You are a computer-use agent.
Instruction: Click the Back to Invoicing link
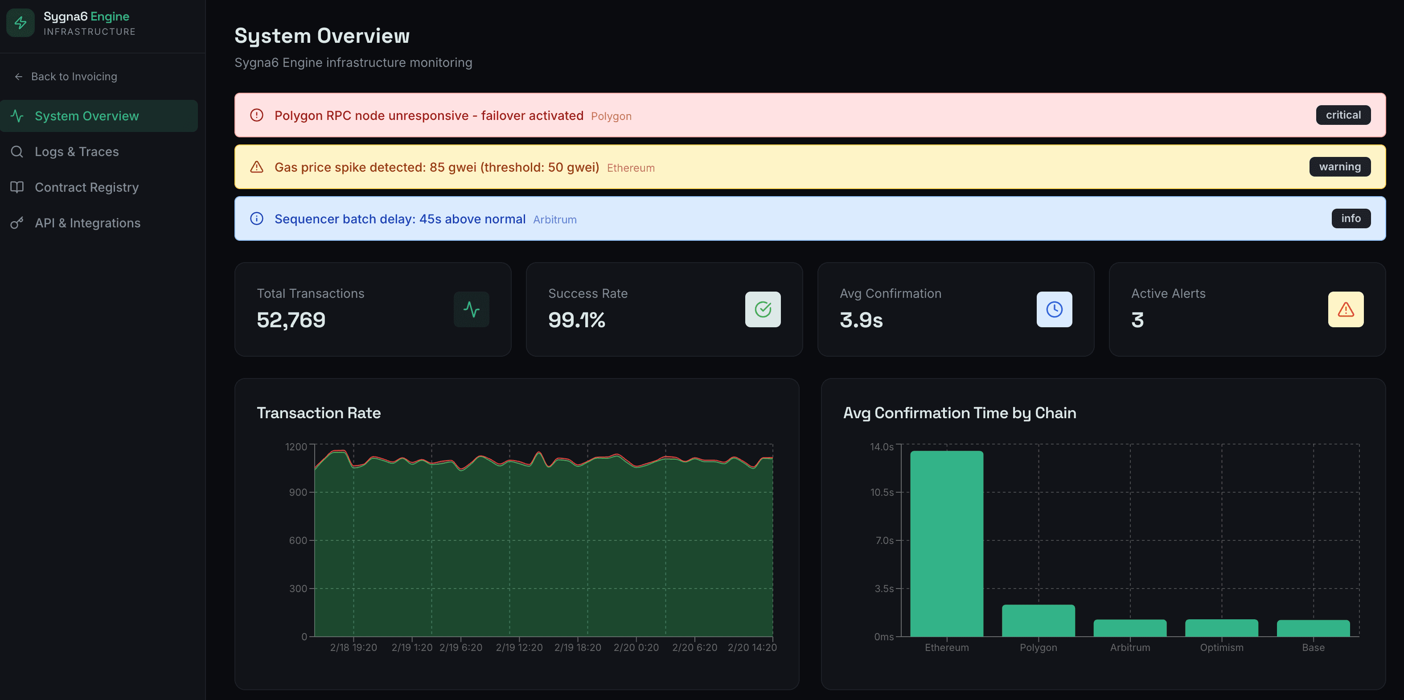point(74,77)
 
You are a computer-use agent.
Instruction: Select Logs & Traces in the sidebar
point(76,152)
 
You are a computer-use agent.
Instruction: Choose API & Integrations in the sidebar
point(87,223)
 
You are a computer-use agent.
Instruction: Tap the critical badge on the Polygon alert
point(1342,115)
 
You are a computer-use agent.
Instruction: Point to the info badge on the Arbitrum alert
point(1350,218)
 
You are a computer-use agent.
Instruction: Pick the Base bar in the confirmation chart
point(1313,628)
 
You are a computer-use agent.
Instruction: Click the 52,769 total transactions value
point(291,320)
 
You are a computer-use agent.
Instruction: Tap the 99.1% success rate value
point(576,320)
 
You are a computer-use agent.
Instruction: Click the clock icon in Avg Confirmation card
point(1054,310)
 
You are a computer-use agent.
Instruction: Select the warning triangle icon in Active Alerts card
point(1345,310)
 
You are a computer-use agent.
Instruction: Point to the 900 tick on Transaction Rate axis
point(298,492)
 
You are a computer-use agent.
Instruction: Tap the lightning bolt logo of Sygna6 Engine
point(21,23)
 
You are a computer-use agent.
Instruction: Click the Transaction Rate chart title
point(318,413)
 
